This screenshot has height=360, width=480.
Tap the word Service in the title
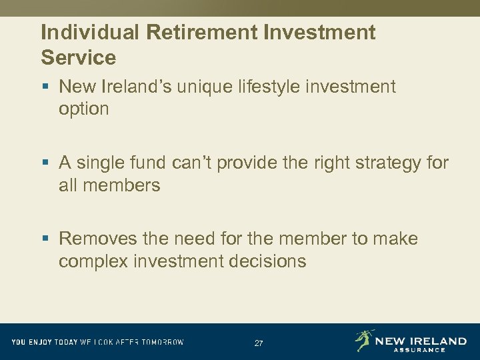coord(78,57)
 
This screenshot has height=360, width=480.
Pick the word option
coord(83,109)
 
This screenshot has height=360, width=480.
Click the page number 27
coord(259,343)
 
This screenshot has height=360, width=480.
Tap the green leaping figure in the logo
coord(364,340)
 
